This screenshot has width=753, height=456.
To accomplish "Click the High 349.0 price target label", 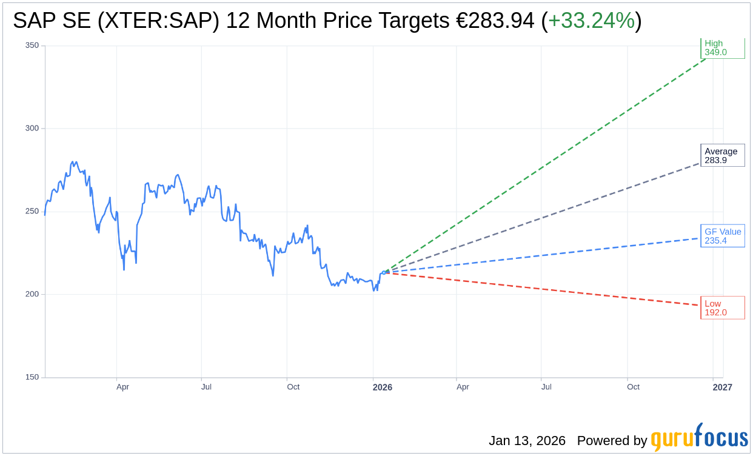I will [722, 48].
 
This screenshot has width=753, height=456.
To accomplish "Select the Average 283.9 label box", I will [722, 156].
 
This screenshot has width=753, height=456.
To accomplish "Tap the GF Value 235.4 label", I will [722, 236].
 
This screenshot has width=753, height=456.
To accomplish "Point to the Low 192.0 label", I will [722, 307].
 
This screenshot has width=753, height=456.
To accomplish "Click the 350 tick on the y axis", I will [32, 45].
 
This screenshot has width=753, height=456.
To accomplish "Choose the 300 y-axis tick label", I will [32, 129].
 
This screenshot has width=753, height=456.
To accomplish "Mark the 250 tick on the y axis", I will [32, 212].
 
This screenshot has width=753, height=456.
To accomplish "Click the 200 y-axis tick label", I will [32, 294].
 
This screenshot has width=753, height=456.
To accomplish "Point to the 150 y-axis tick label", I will [32, 377].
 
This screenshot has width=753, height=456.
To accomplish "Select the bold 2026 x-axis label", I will [382, 387].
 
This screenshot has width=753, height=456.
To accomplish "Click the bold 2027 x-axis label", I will [722, 387].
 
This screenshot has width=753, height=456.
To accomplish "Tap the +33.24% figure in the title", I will [591, 21].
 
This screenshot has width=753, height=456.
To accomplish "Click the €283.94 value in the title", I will [495, 21].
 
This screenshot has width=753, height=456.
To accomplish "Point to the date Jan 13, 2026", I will [527, 441].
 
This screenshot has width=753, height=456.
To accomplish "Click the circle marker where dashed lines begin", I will [384, 272].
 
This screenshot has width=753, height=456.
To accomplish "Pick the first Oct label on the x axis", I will [293, 387].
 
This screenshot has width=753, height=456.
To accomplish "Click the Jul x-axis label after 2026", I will [546, 387].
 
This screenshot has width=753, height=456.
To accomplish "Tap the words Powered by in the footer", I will [612, 441].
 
